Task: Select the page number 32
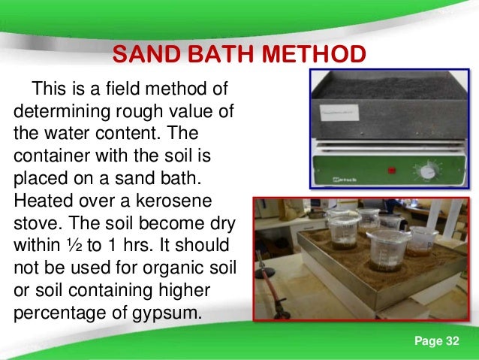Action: click(450, 342)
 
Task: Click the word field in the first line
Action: click(131, 91)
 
